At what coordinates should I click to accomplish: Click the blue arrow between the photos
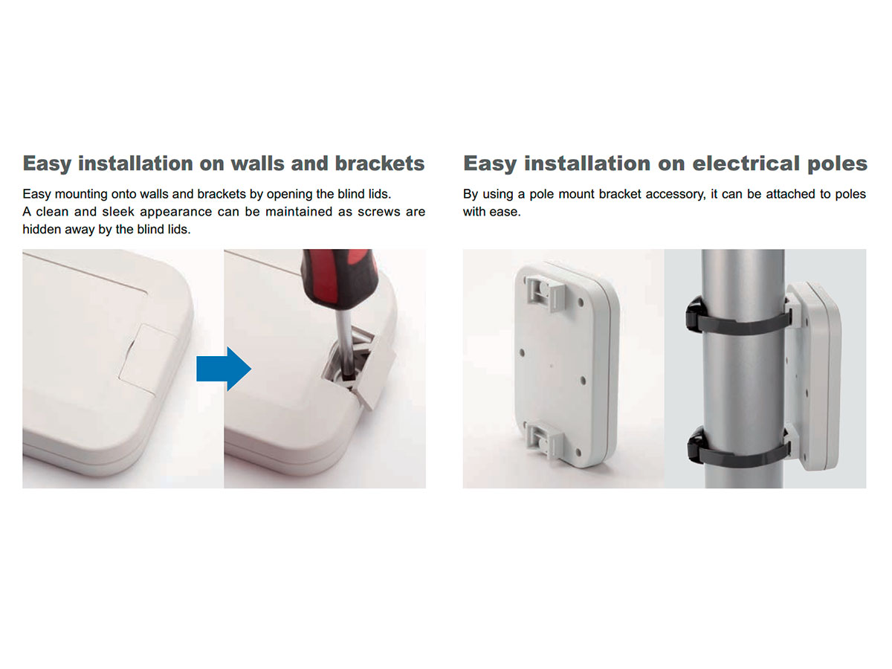point(224,369)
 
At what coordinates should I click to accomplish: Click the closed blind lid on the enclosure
point(147,359)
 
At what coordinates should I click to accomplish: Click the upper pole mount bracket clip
point(543,292)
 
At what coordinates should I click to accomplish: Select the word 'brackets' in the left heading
point(380,164)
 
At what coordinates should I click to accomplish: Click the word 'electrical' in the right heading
point(746,164)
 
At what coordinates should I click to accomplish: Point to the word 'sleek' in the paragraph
point(118,212)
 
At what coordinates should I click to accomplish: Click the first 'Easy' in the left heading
point(47,164)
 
